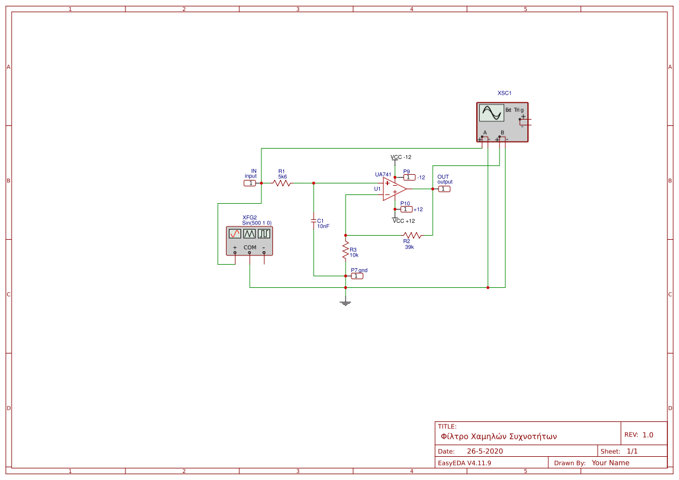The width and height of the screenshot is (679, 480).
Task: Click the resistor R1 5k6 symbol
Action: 282,183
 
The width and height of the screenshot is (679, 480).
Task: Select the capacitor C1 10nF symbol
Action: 314,221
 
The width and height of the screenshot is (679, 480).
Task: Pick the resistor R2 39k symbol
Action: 412,235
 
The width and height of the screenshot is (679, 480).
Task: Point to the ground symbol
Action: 346,302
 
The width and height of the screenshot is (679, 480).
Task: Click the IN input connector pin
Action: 249,183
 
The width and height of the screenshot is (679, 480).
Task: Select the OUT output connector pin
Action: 444,189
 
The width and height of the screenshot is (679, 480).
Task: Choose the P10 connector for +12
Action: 406,209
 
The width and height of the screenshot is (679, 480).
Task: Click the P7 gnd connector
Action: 357,276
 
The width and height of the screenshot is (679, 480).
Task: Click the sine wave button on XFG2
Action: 235,233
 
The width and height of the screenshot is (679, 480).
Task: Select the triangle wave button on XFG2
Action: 249,233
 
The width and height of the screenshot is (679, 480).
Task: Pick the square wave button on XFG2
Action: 264,233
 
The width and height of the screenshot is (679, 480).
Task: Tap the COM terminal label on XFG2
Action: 250,247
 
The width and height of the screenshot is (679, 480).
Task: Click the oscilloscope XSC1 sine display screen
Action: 491,113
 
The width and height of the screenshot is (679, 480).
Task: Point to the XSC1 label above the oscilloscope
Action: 504,93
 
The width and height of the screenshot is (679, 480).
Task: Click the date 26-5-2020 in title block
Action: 484,451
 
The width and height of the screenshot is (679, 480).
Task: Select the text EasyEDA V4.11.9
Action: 464,463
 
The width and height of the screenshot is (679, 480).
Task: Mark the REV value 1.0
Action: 648,435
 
